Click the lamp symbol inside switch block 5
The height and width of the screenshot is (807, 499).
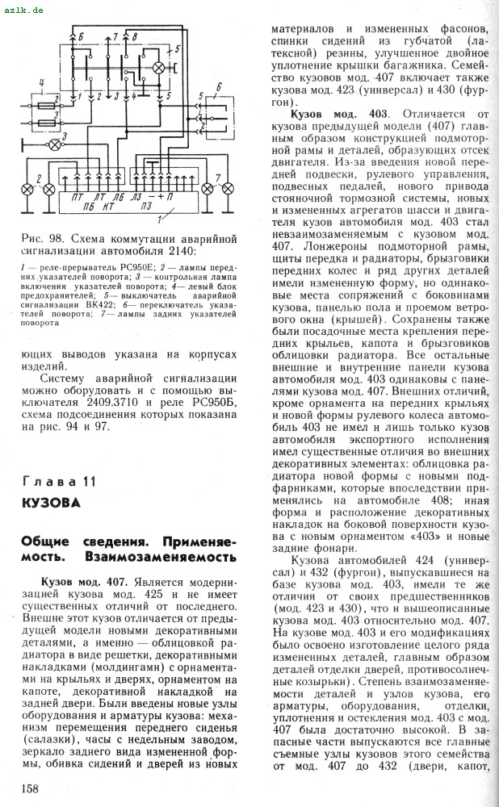tap(159, 69)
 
